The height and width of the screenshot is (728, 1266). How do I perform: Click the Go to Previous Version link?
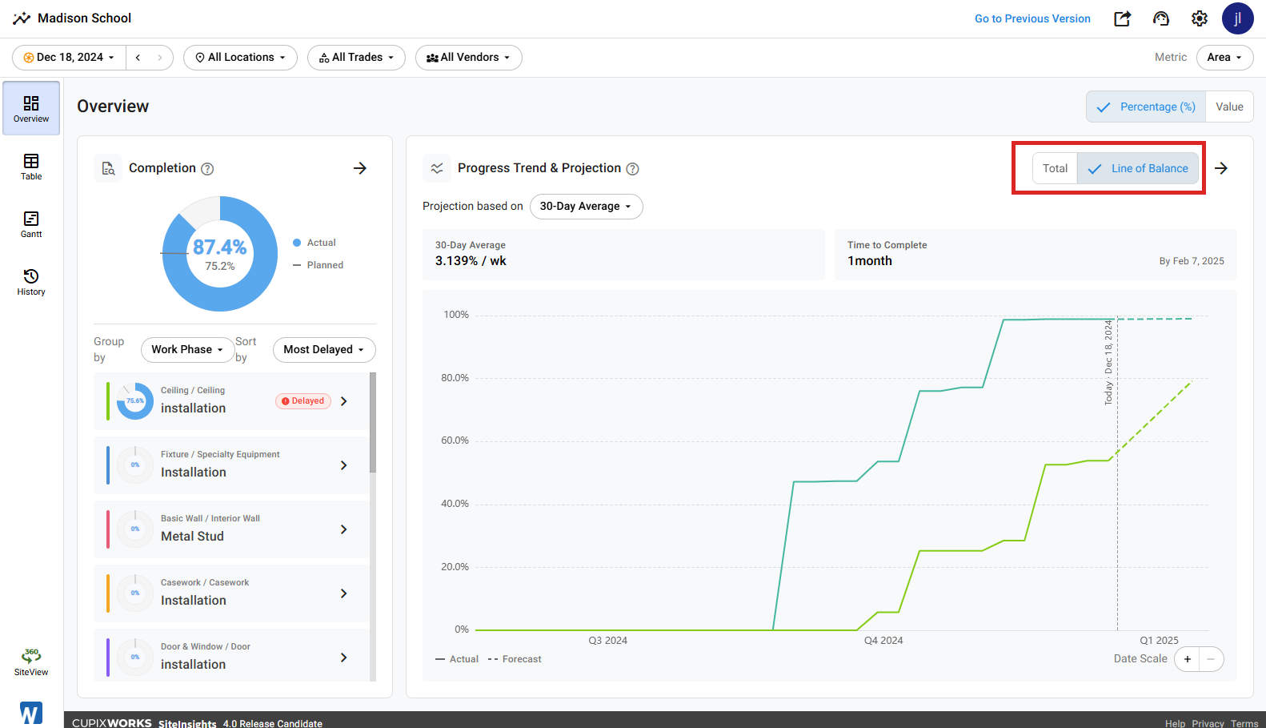pyautogui.click(x=1032, y=18)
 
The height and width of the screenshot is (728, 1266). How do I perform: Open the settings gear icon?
pyautogui.click(x=1200, y=18)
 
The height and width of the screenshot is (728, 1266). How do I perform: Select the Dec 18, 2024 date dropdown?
pyautogui.click(x=69, y=58)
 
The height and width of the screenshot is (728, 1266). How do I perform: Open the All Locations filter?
pyautogui.click(x=240, y=58)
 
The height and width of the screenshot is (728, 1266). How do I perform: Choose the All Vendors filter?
pyautogui.click(x=468, y=58)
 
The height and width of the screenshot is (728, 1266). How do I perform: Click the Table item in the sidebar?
pyautogui.click(x=31, y=167)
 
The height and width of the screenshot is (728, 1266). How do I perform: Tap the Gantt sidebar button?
pyautogui.click(x=31, y=224)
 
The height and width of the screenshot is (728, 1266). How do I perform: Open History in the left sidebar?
pyautogui.click(x=31, y=282)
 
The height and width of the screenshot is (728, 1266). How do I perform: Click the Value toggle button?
pyautogui.click(x=1229, y=107)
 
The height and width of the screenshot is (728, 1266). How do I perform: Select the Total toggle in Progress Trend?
pyautogui.click(x=1055, y=168)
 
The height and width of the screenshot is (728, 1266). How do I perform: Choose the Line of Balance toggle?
pyautogui.click(x=1138, y=168)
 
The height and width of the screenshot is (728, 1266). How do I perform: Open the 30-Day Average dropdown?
pyautogui.click(x=586, y=207)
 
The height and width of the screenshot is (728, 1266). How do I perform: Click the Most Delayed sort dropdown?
pyautogui.click(x=324, y=349)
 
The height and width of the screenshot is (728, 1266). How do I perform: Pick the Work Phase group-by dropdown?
pyautogui.click(x=187, y=349)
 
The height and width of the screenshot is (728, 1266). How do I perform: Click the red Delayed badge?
pyautogui.click(x=303, y=401)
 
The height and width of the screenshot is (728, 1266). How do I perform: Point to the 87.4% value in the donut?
pyautogui.click(x=219, y=247)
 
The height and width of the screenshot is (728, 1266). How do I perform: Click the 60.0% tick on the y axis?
pyautogui.click(x=455, y=440)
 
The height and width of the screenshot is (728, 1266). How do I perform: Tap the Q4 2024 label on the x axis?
pyautogui.click(x=883, y=641)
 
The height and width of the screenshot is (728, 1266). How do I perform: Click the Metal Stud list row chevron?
pyautogui.click(x=343, y=529)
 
